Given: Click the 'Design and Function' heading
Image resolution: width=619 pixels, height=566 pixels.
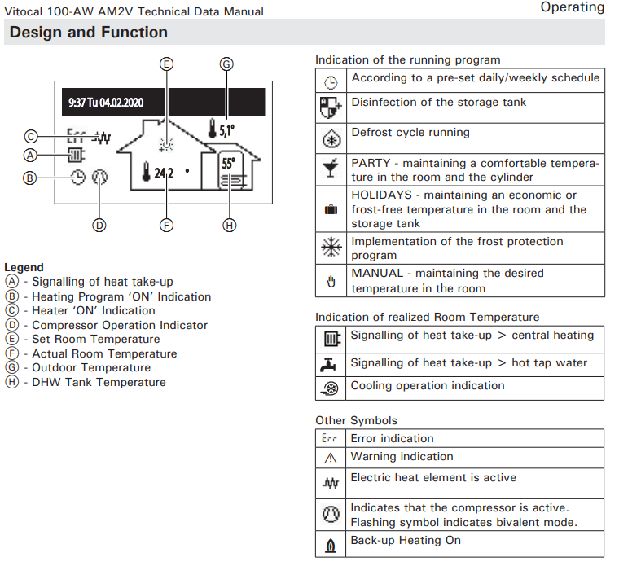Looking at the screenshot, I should click(89, 33).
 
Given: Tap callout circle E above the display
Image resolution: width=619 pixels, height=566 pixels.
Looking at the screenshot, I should click(166, 64).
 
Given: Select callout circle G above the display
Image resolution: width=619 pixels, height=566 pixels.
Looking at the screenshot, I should click(226, 64).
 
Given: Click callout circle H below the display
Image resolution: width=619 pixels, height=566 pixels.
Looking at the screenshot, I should click(230, 225).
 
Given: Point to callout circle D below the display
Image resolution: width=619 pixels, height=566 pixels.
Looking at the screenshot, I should click(99, 225).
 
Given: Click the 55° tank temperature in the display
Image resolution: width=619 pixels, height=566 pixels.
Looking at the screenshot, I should click(228, 162).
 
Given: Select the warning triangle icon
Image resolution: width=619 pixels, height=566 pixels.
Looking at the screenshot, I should click(331, 458).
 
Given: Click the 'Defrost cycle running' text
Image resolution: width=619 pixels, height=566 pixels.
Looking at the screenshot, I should click(410, 132).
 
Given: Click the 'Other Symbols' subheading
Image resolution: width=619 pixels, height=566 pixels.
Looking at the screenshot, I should click(356, 420).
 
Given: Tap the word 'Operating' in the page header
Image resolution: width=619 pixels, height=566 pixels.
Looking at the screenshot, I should click(573, 7).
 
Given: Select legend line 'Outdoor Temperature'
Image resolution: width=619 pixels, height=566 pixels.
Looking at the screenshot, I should click(91, 368).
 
